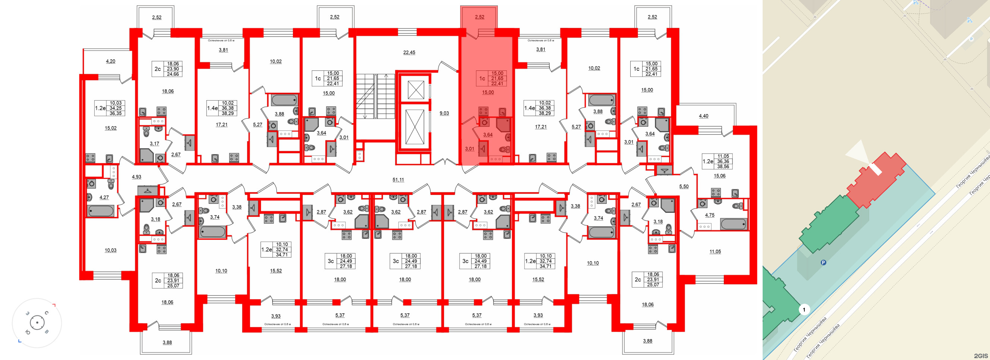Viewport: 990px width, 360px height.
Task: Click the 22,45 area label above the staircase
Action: coord(409,53)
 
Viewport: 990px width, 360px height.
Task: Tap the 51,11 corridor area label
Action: coord(398,179)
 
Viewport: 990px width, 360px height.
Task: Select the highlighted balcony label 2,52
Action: coord(479,17)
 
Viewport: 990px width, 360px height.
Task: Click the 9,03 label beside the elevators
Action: coord(444,113)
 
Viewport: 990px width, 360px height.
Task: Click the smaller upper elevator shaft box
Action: coord(416,90)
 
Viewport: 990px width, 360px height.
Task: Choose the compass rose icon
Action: coord(37,323)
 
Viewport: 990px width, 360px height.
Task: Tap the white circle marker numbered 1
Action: coord(804,309)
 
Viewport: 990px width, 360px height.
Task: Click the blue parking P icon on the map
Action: coord(823,263)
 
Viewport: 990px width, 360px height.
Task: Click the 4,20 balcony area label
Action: coord(110,61)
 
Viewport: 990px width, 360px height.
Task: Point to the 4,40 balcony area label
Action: coord(703,116)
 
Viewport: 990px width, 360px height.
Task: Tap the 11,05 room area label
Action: coord(715,252)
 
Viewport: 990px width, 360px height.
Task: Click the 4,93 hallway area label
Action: coord(136,177)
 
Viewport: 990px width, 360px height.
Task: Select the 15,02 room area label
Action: coord(110,128)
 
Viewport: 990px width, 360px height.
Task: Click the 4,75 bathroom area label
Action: coord(709,215)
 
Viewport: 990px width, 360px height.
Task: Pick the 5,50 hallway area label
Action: coord(684,187)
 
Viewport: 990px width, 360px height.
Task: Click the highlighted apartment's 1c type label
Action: coord(482,78)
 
